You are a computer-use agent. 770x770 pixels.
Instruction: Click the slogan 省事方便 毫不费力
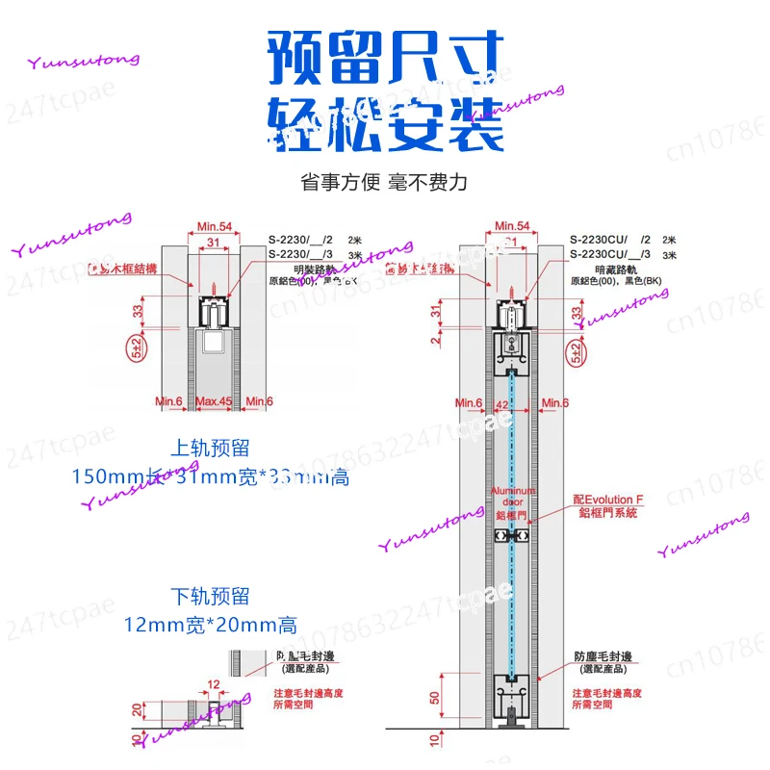pos(384,182)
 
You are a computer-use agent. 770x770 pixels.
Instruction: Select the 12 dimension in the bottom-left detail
pos(214,683)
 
